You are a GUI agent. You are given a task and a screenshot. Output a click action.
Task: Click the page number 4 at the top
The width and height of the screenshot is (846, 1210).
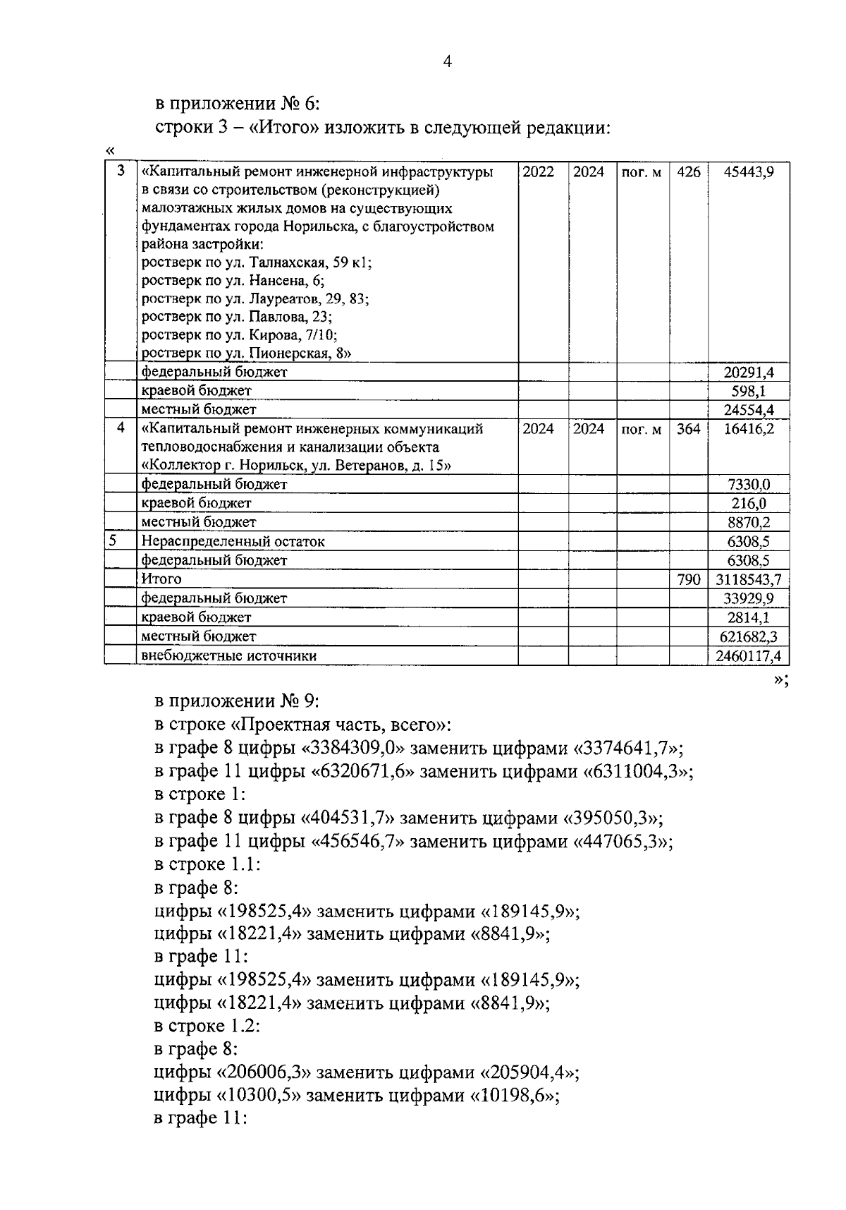click(x=446, y=62)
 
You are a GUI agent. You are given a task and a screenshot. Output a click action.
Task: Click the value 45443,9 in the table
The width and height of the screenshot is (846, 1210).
click(x=749, y=172)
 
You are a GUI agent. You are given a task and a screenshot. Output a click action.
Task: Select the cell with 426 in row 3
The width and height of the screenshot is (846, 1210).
click(x=688, y=172)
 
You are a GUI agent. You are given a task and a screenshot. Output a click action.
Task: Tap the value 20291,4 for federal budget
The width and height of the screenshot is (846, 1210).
click(x=749, y=372)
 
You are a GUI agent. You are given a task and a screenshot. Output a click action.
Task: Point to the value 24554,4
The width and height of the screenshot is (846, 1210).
click(x=749, y=409)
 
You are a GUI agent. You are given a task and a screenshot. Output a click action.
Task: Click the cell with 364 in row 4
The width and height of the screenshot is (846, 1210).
click(x=688, y=428)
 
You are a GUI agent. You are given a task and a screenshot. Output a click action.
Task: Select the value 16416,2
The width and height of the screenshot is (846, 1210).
click(x=749, y=428)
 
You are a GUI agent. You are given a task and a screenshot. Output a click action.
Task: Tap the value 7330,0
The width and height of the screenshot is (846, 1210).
click(x=749, y=484)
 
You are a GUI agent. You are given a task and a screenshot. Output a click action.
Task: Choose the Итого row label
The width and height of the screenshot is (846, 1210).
click(x=161, y=579)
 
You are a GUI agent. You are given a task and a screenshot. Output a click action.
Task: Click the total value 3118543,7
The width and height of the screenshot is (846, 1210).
click(x=748, y=579)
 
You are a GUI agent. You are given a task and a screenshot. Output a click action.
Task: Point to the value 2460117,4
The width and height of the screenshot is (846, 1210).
click(x=748, y=655)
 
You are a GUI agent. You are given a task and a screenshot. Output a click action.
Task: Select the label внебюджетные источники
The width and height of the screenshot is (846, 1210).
click(x=228, y=655)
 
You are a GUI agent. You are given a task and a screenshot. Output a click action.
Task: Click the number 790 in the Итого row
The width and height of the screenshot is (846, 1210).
click(x=688, y=579)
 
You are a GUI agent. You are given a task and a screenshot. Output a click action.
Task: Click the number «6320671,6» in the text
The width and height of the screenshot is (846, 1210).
click(x=363, y=771)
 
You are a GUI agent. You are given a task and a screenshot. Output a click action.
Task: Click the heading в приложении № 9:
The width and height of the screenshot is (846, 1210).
click(x=238, y=701)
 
